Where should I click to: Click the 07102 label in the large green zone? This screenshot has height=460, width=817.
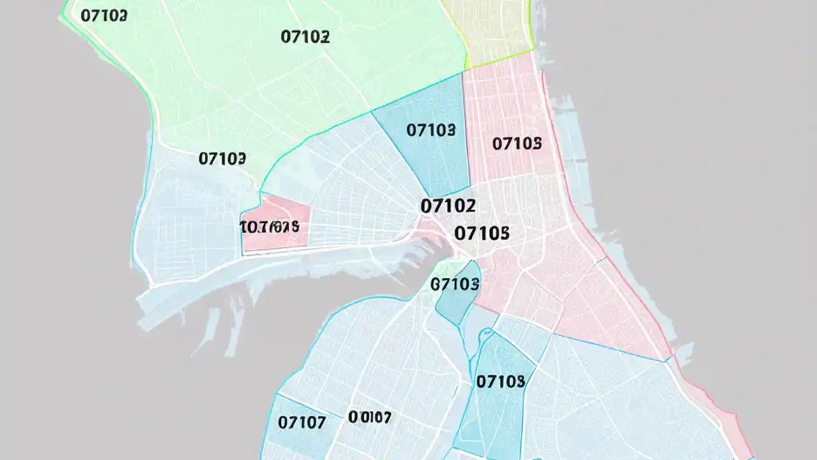pyautogui.click(x=305, y=36)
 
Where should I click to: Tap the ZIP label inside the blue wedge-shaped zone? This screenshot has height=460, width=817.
pyautogui.click(x=431, y=130)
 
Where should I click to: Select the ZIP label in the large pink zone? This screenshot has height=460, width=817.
pyautogui.click(x=517, y=143)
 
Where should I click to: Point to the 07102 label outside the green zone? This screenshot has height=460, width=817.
pyautogui.click(x=448, y=206)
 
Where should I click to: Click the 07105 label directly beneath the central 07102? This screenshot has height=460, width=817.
pyautogui.click(x=482, y=233)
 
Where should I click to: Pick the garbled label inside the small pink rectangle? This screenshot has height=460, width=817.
pyautogui.click(x=269, y=226)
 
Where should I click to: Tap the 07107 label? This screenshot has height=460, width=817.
pyautogui.click(x=302, y=422)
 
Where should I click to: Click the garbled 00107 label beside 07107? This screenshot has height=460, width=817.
pyautogui.click(x=370, y=418)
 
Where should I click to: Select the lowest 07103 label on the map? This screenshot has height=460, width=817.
pyautogui.click(x=500, y=381)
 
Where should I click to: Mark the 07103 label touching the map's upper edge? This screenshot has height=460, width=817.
pyautogui.click(x=103, y=15)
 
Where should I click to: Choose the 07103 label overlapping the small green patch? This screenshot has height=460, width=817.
pyautogui.click(x=455, y=284)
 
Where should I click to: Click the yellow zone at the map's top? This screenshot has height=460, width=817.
pyautogui.click(x=488, y=26)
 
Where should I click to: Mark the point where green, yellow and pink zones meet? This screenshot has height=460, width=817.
pyautogui.click(x=468, y=68)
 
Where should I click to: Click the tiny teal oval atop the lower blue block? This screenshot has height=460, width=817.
pyautogui.click(x=487, y=332)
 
